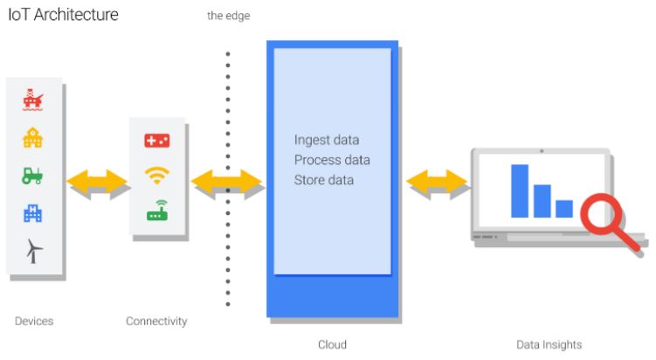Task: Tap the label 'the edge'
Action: coord(228,16)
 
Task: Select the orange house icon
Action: coord(33,138)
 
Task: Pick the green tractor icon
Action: coord(33,175)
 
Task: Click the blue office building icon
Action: coord(33,212)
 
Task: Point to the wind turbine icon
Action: coord(33,251)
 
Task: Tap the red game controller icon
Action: coord(157,141)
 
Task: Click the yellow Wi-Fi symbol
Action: coord(157,176)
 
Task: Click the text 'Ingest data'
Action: coord(327,141)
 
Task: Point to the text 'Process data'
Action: coord(332,161)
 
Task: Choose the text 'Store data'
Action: coord(324,181)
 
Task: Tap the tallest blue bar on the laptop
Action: coord(521,190)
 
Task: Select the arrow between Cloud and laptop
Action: coord(437,182)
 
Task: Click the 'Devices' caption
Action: coord(34,322)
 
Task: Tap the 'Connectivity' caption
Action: coord(156,322)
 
